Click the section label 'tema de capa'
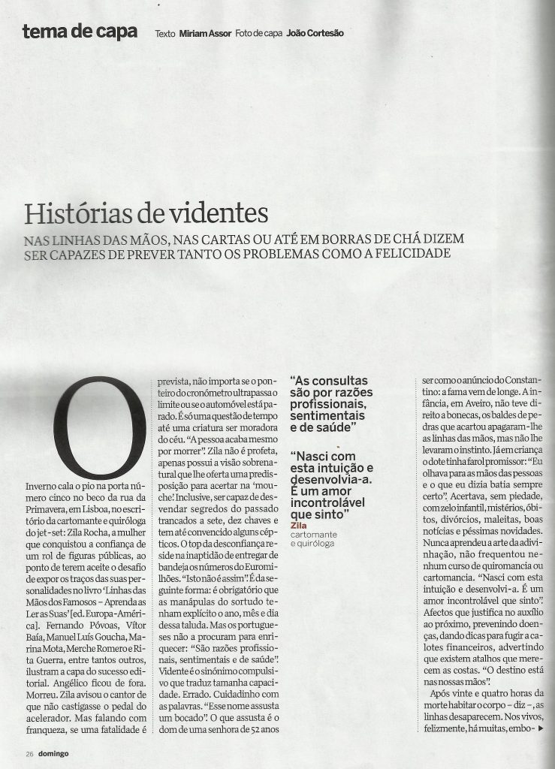pos(80,32)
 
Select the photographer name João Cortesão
pos(315,34)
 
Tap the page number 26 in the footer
pos(29,753)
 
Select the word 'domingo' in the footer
pos(53,753)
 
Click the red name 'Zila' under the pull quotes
pos(298,526)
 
